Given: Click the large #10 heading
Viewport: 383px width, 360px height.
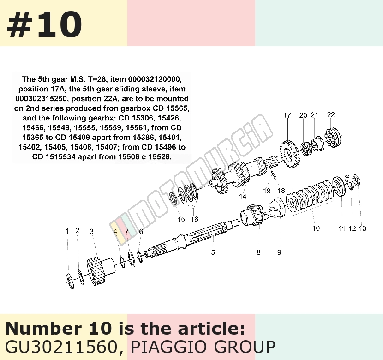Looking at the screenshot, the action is click(x=44, y=24).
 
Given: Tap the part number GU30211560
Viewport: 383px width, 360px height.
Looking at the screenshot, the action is click(x=60, y=347).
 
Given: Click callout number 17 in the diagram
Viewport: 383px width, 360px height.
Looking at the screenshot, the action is click(x=287, y=115).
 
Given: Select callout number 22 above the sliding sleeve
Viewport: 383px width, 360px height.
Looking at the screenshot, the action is click(x=331, y=115).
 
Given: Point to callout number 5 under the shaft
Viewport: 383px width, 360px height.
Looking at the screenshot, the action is click(x=213, y=252).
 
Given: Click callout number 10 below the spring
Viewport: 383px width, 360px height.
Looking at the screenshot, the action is click(x=316, y=228).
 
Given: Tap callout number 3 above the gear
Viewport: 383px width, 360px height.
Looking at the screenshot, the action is click(x=92, y=231).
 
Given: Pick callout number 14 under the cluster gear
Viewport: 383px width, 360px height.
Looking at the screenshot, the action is click(x=243, y=196).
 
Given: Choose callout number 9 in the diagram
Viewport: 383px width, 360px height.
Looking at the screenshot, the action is click(x=279, y=252).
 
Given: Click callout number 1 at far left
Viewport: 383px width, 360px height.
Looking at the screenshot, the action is click(x=67, y=231).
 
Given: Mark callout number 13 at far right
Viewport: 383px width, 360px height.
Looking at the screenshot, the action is click(x=363, y=228).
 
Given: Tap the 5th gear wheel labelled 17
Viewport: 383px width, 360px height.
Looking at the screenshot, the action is click(x=289, y=154).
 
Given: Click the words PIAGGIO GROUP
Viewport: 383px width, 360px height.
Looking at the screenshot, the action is click(x=203, y=347).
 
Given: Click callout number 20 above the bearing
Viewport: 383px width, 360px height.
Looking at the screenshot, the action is click(x=303, y=115).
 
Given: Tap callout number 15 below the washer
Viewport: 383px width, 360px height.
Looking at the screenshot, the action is click(x=181, y=219).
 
